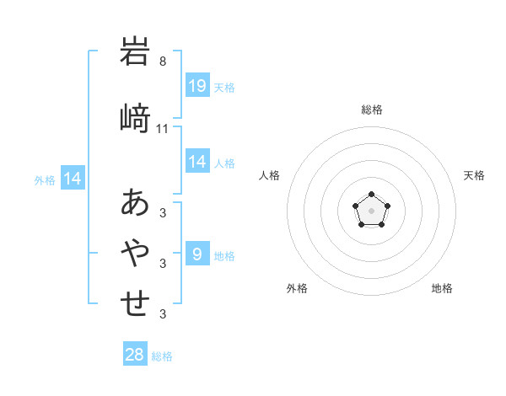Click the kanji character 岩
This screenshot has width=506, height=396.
pyautogui.click(x=135, y=53)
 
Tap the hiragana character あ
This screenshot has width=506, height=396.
pyautogui.click(x=135, y=203)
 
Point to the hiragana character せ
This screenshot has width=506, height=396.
pyautogui.click(x=135, y=303)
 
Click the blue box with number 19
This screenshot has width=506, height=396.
pyautogui.click(x=197, y=86)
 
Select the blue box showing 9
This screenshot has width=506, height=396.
pyautogui.click(x=197, y=254)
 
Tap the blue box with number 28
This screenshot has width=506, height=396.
pyautogui.click(x=135, y=355)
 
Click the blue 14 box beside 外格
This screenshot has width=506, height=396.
pyautogui.click(x=72, y=179)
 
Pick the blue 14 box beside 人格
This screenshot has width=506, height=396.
pyautogui.click(x=197, y=162)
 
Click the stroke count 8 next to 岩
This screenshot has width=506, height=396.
pyautogui.click(x=163, y=62)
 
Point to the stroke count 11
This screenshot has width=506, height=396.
pyautogui.click(x=163, y=128)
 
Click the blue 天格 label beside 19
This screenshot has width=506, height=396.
pyautogui.click(x=224, y=87)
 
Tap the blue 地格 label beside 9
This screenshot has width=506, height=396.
pyautogui.click(x=224, y=255)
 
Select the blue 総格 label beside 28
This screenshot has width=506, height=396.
pyautogui.click(x=163, y=356)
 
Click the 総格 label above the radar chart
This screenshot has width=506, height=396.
pyautogui.click(x=372, y=110)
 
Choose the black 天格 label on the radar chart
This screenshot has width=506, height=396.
pyautogui.click(x=475, y=175)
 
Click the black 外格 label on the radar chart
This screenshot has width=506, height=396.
pyautogui.click(x=297, y=288)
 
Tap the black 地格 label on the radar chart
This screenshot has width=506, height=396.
pyautogui.click(x=442, y=288)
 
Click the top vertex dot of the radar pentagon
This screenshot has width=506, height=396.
pyautogui.click(x=371, y=195)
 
